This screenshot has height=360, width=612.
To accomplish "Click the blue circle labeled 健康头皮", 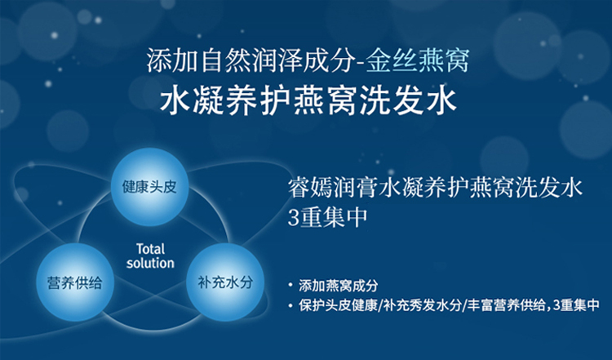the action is pos(149,187).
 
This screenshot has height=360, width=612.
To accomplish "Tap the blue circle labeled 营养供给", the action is pos(75,282).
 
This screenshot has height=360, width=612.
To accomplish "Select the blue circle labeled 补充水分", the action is pos(225,282).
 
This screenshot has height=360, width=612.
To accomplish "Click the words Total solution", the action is pos(150,256).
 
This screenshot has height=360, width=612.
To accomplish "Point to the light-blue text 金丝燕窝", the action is pos(418,61).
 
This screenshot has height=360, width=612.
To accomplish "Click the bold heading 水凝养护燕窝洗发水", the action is pos(308,100).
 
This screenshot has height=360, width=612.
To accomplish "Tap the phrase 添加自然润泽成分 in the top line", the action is pos(250,61).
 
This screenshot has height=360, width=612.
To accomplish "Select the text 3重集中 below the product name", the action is pos(327,217).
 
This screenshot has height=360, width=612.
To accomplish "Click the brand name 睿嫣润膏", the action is pos(333,188).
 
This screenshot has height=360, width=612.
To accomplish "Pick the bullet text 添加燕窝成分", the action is pos(339,286).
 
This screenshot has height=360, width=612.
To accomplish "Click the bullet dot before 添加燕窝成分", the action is pos(290,285).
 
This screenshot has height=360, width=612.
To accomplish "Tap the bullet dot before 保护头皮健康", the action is pos(290,305).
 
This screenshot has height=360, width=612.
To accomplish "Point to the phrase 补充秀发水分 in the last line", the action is pos(423,305).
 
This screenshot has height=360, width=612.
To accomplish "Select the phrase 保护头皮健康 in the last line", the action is pos(338,305).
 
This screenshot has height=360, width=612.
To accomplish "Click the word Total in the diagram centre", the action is pos(151,249).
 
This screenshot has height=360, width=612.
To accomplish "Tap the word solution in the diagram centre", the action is pos(150,263).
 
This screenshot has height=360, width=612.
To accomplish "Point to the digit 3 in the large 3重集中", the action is pos(293,217).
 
